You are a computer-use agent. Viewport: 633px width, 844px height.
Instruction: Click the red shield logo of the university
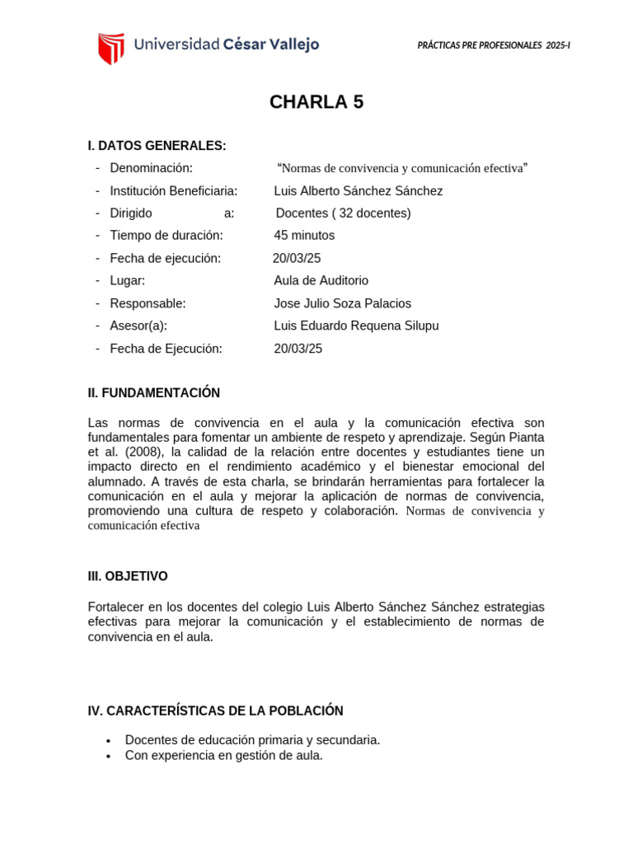[x=111, y=48]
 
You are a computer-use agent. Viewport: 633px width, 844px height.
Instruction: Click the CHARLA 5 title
[x=316, y=102]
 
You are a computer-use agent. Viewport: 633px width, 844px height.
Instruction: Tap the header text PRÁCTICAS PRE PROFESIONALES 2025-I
[x=494, y=45]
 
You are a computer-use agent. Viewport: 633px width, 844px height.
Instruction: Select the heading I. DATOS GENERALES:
[x=157, y=146]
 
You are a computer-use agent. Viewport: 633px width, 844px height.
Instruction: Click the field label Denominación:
[x=151, y=168]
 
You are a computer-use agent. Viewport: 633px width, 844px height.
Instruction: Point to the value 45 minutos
[x=304, y=236]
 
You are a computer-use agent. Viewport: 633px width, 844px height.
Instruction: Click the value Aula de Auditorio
[x=321, y=280]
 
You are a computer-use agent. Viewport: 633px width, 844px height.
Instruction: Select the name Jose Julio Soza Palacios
[x=342, y=303]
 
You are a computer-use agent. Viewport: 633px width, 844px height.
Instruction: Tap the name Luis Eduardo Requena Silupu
[x=356, y=326]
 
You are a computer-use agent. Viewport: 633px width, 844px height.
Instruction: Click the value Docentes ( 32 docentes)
[x=343, y=213]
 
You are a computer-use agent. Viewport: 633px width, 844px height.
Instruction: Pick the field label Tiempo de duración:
[x=166, y=236]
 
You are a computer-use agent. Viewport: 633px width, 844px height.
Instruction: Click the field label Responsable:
[x=148, y=303]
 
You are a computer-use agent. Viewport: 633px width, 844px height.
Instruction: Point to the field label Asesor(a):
[x=138, y=326]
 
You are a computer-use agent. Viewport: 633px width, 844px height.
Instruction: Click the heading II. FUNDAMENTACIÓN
[x=154, y=393]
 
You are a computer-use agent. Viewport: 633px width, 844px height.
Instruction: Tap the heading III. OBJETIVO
[x=128, y=576]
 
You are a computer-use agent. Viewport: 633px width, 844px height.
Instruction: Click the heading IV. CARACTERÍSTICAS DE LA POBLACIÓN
[x=215, y=710]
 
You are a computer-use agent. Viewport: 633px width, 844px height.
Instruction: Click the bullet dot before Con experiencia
[x=108, y=756]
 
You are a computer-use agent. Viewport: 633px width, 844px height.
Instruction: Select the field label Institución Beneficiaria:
[x=173, y=191]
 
